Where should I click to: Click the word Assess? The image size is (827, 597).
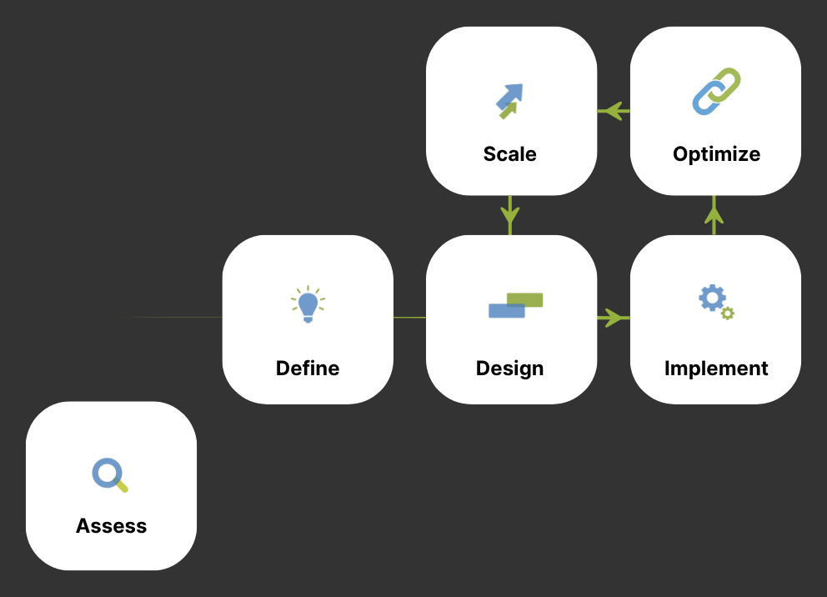(111, 526)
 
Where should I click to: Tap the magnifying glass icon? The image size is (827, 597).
(109, 474)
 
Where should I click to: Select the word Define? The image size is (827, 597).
(308, 369)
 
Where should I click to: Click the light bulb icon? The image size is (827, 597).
(308, 304)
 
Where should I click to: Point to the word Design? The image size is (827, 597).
(509, 369)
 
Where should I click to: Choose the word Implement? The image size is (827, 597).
(716, 369)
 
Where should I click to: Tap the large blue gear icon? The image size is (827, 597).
(712, 298)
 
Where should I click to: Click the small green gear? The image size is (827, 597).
(728, 314)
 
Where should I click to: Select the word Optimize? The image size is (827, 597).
(716, 154)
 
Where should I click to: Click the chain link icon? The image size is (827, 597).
(716, 91)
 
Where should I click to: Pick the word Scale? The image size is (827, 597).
(509, 154)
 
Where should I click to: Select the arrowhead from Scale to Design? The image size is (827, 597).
(510, 221)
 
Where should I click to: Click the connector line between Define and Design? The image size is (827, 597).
(409, 318)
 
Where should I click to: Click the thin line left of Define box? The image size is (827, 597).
(175, 318)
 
